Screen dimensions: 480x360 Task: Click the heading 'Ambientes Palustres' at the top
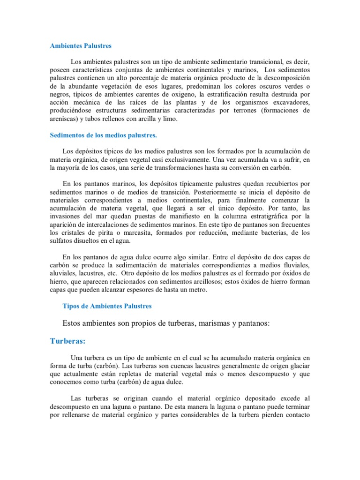click(x=81, y=46)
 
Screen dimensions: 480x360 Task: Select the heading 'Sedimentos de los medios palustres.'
click(x=103, y=135)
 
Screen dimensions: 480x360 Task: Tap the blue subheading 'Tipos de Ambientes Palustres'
click(x=107, y=306)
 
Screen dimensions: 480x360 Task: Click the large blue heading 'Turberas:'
click(x=70, y=341)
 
